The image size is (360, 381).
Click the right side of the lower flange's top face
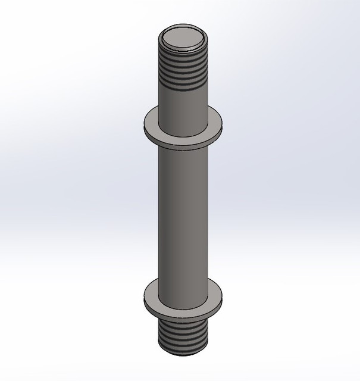[217, 294]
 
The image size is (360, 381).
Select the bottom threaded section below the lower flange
[183, 336]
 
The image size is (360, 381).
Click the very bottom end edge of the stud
[183, 352]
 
